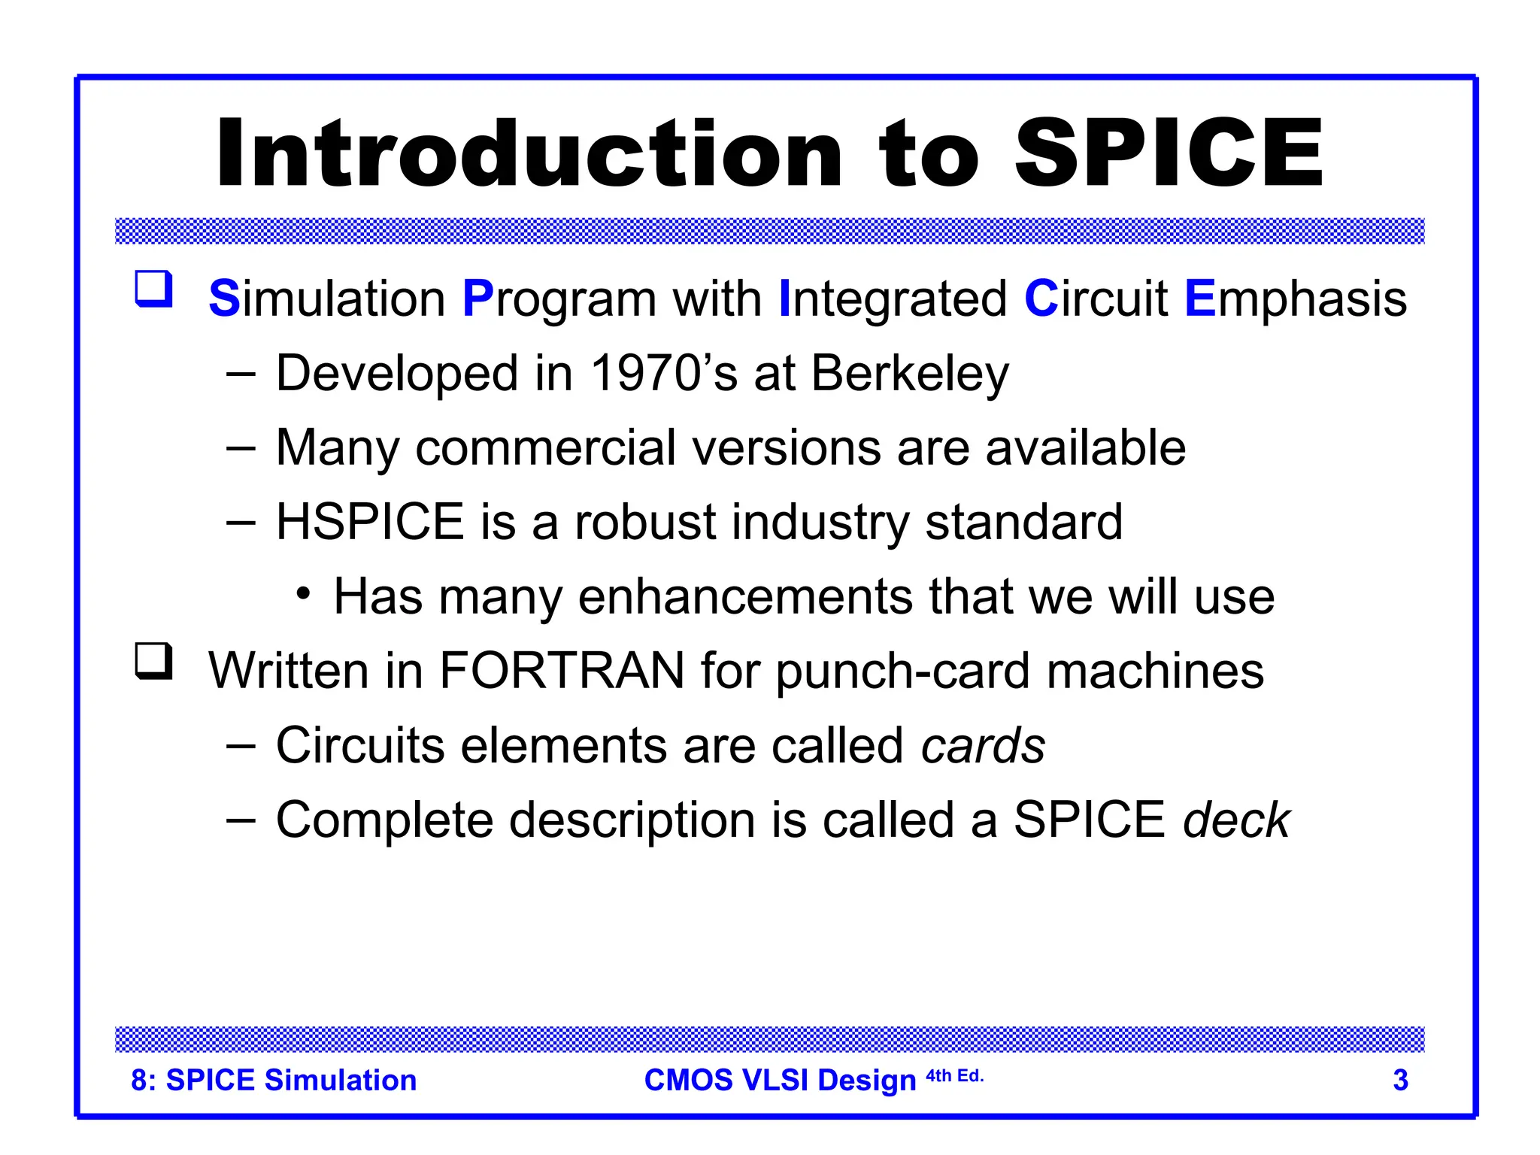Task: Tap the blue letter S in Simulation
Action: pos(223,299)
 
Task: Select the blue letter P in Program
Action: pos(477,299)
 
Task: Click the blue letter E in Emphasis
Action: pos(1199,299)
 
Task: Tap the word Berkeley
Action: pos(910,374)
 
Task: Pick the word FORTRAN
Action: pos(562,671)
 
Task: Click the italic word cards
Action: pos(983,746)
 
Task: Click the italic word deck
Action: pos(1236,820)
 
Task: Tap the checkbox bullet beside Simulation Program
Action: pos(154,289)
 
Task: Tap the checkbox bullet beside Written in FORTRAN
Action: pos(154,661)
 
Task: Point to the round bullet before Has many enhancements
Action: pos(303,594)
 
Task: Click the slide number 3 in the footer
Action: pos(1400,1081)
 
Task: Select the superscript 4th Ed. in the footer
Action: pos(954,1076)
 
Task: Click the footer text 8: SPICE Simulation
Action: pos(274,1081)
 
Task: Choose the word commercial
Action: pos(545,448)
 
